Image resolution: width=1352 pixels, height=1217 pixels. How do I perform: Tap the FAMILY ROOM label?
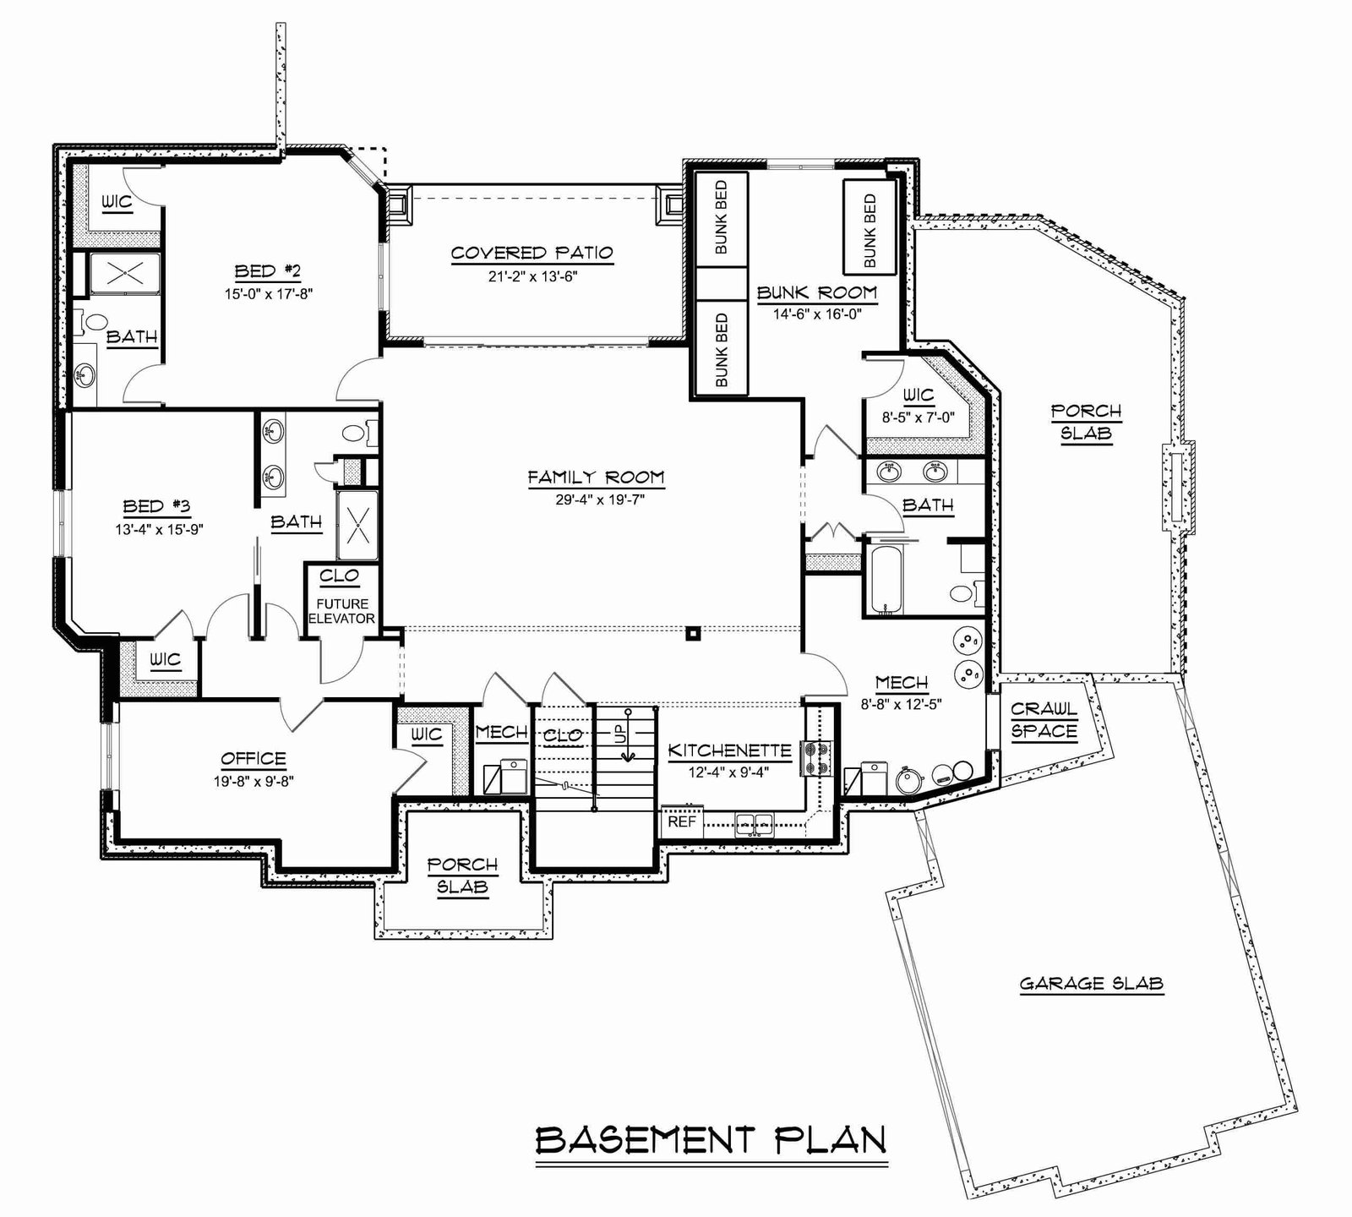(597, 478)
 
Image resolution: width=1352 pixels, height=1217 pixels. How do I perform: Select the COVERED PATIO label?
(532, 253)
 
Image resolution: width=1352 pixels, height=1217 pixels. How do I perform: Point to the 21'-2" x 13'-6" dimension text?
(532, 276)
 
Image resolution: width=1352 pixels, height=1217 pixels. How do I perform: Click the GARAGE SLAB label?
(1092, 983)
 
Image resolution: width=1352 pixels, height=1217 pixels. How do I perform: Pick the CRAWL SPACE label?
(1044, 720)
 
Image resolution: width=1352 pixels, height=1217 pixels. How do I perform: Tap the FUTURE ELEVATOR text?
(343, 611)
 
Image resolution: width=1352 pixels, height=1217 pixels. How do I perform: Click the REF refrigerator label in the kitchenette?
(682, 821)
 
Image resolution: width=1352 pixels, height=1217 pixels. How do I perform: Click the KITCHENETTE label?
(730, 750)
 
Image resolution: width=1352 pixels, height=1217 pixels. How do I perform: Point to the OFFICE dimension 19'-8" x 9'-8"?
(253, 781)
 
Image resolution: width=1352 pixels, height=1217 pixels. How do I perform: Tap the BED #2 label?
(268, 271)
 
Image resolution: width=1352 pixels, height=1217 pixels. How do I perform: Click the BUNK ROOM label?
(817, 293)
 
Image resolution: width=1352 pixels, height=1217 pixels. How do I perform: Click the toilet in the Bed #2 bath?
(95, 322)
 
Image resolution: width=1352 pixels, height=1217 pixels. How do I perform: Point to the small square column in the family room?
(693, 631)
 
